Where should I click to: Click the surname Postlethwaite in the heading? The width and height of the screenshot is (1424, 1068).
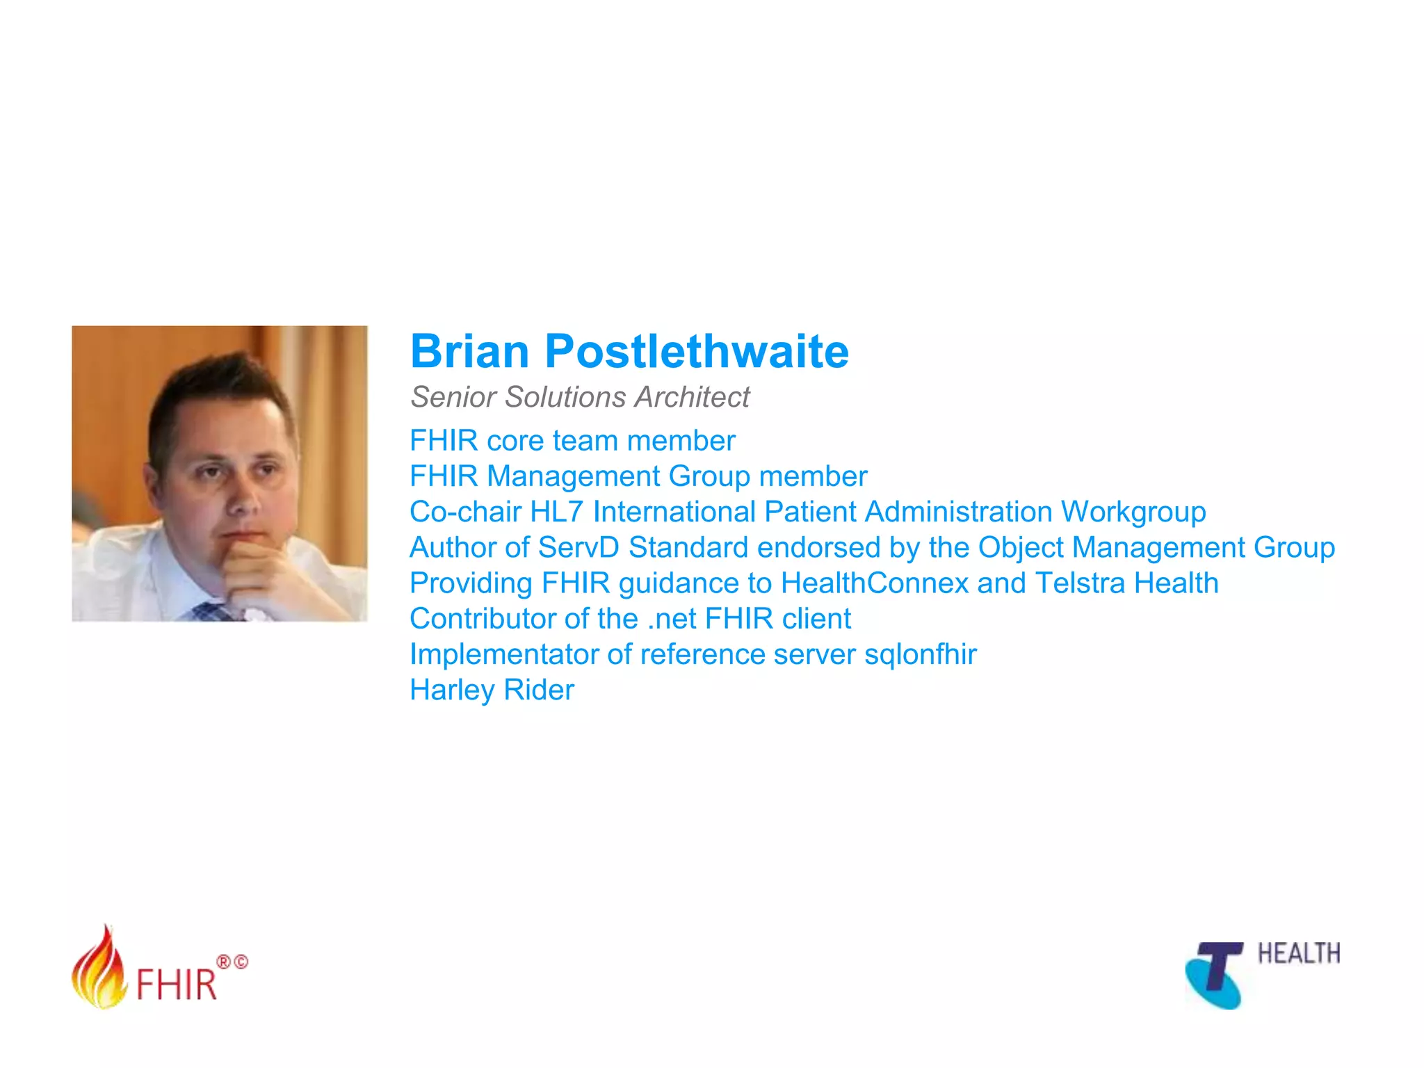pos(697,351)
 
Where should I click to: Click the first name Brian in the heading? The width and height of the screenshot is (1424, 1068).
pos(470,351)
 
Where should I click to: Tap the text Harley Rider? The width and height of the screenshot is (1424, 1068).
pos(492,690)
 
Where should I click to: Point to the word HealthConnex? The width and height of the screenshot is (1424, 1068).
pos(874,583)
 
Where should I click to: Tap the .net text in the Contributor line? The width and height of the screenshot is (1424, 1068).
pos(671,619)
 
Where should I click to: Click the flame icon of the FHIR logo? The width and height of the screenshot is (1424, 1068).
pos(99,969)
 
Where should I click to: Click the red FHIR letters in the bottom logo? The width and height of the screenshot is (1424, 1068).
pos(177,985)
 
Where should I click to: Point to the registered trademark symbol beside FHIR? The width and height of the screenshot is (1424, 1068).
pos(224,962)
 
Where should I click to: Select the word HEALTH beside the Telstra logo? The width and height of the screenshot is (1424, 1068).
pos(1298,954)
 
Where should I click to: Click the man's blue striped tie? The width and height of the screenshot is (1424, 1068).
pos(213,611)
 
